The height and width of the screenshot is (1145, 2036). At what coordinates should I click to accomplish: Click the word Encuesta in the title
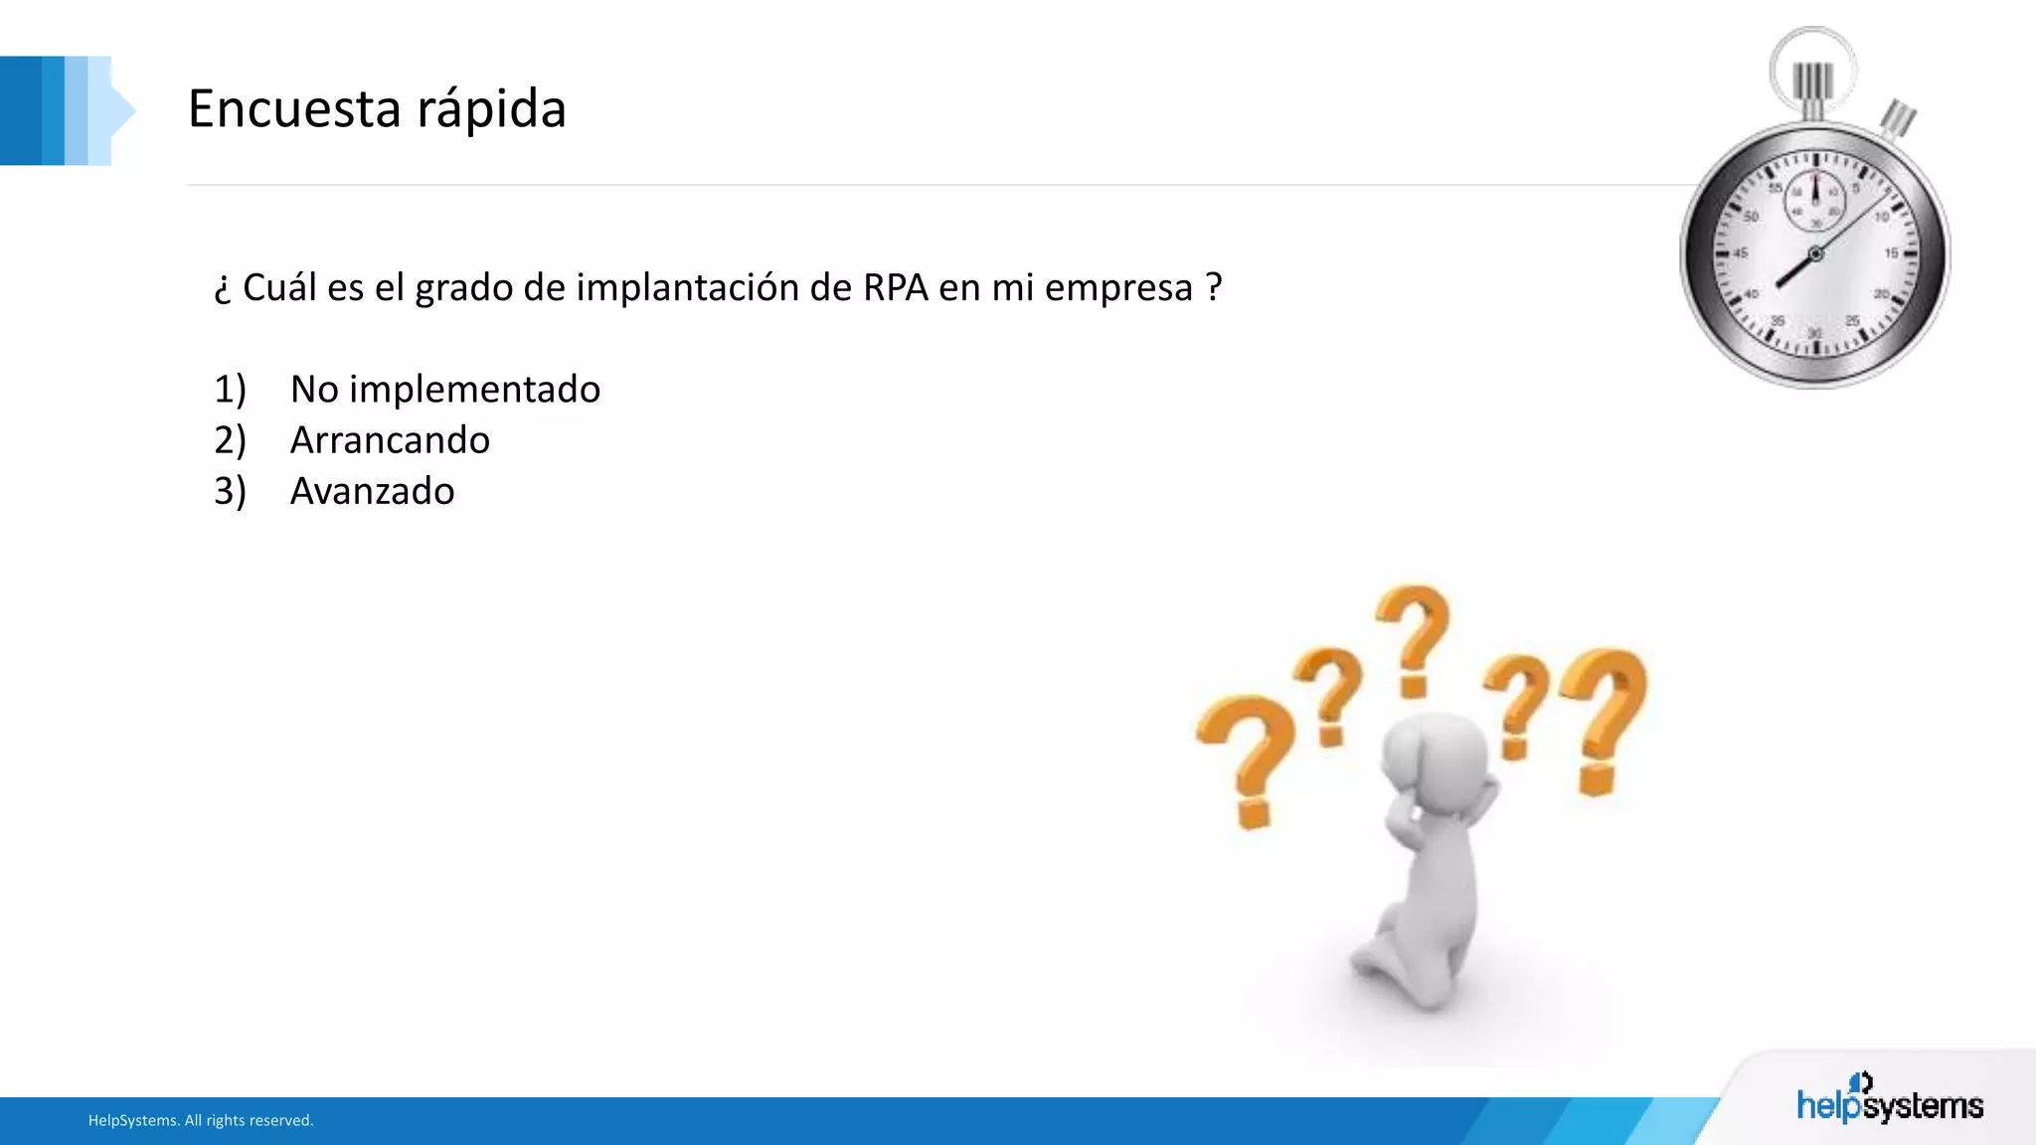point(293,108)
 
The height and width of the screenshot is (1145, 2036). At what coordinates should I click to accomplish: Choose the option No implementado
point(444,389)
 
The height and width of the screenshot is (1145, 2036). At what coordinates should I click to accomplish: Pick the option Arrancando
point(390,440)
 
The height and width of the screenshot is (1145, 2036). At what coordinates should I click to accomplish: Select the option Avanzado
point(372,491)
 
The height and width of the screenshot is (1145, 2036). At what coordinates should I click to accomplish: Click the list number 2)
point(230,440)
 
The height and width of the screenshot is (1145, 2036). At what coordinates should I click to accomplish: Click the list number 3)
point(230,491)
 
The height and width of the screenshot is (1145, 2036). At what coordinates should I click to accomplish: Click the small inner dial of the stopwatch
point(1814,200)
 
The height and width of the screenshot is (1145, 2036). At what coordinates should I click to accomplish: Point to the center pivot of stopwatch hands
point(1815,254)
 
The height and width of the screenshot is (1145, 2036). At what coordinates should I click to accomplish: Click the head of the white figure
point(1435,760)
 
